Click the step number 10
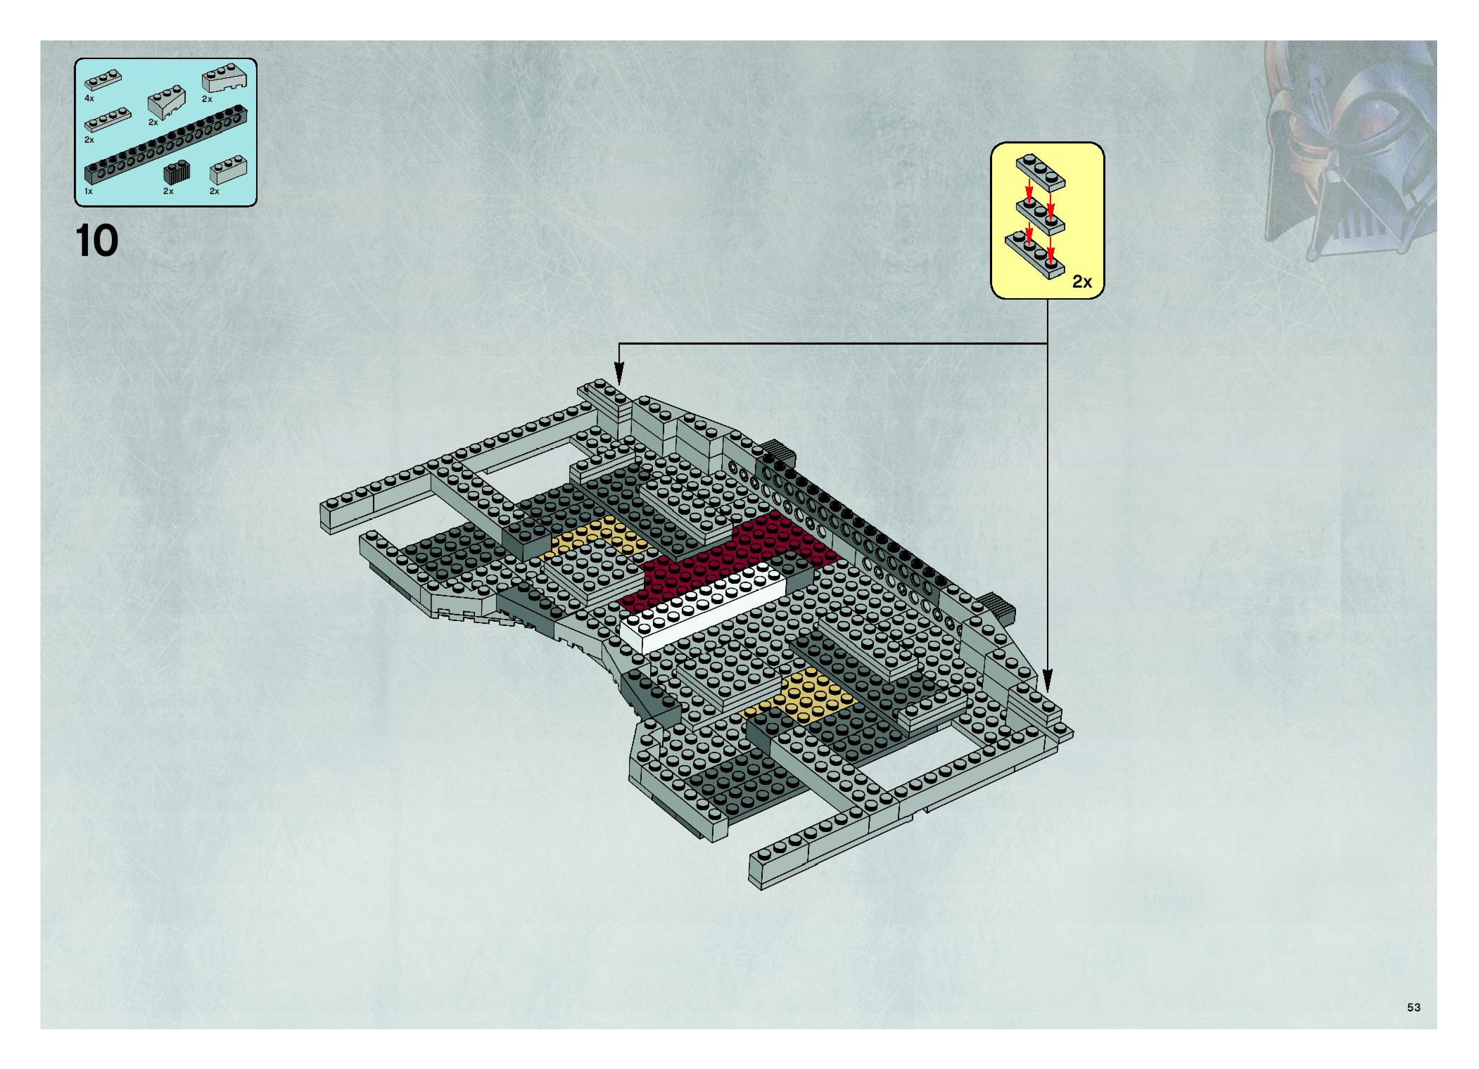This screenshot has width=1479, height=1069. (x=98, y=242)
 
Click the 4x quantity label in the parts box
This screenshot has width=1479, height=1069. (x=89, y=98)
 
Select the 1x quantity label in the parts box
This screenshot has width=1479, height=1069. (x=89, y=192)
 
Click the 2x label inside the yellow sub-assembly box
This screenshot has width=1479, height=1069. (x=1082, y=282)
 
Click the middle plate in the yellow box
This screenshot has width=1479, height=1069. (x=1040, y=216)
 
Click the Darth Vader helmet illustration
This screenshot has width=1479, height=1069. (x=1350, y=150)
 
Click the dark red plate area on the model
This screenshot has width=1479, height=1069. (x=737, y=554)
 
